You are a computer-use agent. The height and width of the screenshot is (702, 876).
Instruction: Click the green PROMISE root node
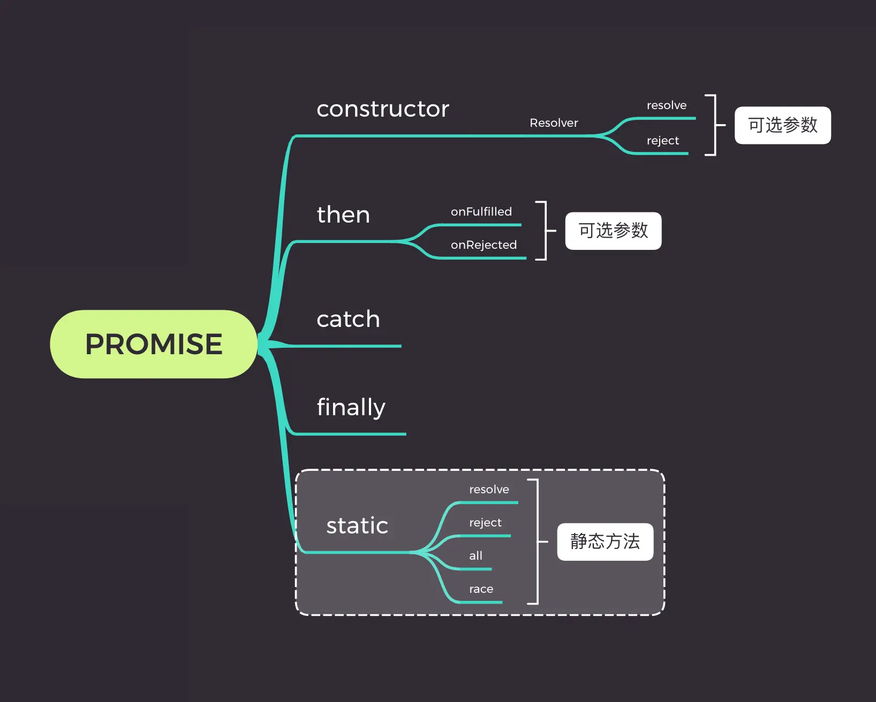click(154, 344)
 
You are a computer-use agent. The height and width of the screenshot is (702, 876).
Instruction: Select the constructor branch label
click(383, 109)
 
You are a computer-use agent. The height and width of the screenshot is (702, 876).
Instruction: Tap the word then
click(343, 215)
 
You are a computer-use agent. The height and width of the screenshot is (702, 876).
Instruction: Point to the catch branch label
click(348, 319)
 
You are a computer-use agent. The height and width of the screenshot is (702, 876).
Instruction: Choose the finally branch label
click(351, 408)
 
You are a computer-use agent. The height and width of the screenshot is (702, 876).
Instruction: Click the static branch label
click(357, 526)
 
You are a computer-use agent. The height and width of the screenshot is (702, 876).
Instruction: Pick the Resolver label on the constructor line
click(554, 123)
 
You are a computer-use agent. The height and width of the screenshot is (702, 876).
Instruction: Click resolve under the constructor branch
click(666, 105)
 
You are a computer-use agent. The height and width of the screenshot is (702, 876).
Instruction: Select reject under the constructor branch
click(662, 141)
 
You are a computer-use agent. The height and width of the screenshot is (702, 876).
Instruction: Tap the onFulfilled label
click(481, 212)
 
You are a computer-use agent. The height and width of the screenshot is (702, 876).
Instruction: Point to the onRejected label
click(484, 245)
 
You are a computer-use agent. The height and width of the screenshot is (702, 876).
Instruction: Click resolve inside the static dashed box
click(489, 490)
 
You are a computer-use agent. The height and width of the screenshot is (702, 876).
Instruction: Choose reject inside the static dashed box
click(485, 523)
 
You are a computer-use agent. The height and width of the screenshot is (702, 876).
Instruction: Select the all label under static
click(475, 556)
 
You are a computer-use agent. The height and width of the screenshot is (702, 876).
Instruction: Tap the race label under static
click(481, 589)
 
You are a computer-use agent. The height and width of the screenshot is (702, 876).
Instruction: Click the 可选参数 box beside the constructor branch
click(782, 125)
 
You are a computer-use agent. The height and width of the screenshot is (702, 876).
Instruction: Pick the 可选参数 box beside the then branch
click(613, 231)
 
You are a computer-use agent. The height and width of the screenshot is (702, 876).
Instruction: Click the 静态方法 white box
click(605, 542)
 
